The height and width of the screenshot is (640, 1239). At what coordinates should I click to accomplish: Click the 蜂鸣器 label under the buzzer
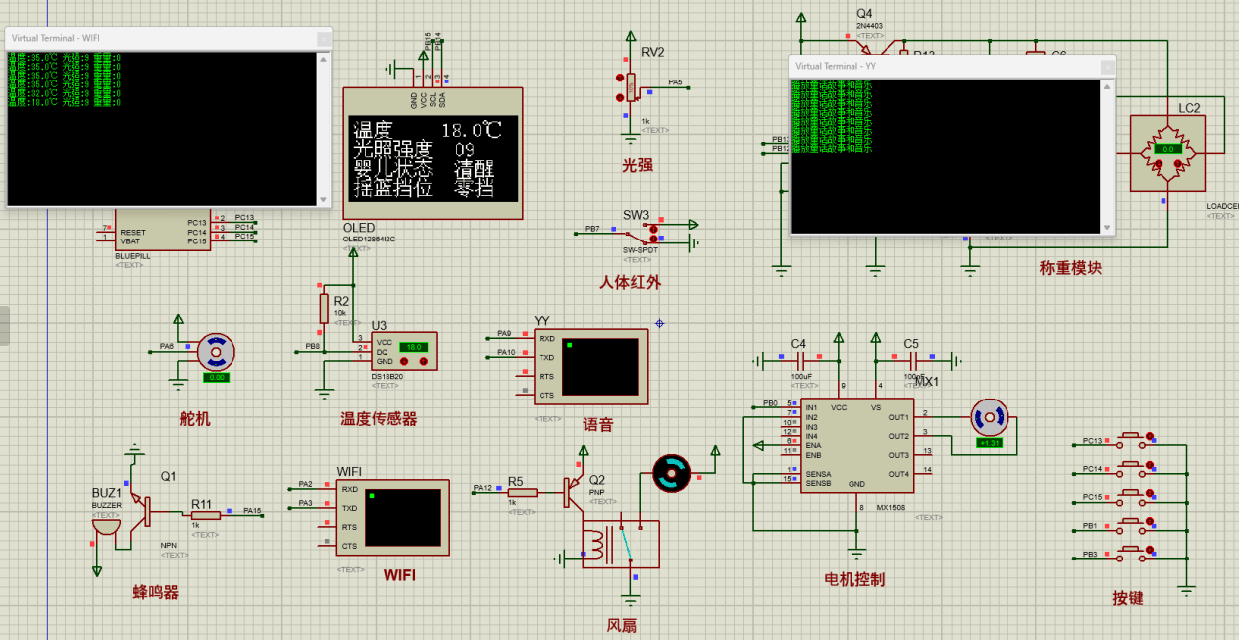[155, 593]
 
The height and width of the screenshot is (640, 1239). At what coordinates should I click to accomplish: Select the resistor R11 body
[205, 515]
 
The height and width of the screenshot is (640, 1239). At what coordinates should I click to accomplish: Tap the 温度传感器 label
[379, 419]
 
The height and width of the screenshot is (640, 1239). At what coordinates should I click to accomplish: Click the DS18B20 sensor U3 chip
[403, 352]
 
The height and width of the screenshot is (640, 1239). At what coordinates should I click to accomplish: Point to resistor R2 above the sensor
[324, 308]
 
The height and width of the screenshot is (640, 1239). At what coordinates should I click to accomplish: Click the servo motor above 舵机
[216, 352]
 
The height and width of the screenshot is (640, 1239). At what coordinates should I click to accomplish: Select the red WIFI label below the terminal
[399, 574]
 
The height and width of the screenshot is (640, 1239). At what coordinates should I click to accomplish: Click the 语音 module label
[598, 425]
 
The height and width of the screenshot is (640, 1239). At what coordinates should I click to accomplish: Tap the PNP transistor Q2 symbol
[573, 491]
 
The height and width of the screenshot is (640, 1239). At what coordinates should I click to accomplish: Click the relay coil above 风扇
[597, 545]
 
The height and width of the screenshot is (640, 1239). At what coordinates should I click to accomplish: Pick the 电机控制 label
[854, 579]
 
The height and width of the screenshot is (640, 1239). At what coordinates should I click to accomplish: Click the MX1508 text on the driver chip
[890, 506]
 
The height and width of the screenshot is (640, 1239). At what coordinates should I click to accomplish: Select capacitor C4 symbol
[798, 360]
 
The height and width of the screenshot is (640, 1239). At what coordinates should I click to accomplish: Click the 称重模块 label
[1070, 268]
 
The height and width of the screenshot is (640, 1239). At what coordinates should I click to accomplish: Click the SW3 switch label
[636, 215]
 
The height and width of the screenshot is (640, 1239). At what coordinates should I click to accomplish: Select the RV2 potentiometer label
[652, 52]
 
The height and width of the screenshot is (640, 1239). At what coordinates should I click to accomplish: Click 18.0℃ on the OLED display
[471, 130]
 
